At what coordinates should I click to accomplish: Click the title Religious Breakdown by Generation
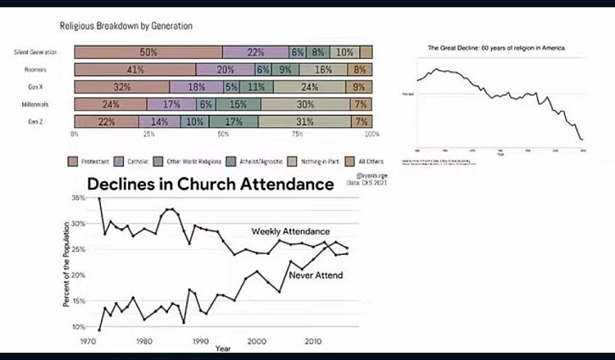[126, 25]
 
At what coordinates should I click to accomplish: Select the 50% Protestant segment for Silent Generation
[148, 52]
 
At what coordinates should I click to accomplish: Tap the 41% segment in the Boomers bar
[136, 70]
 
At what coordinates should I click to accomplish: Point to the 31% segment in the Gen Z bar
[303, 121]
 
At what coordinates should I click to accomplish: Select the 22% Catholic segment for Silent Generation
[255, 52]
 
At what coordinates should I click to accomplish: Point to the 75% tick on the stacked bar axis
[298, 134]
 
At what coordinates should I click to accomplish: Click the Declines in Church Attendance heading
[211, 185]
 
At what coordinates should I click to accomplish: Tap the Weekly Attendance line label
[290, 232]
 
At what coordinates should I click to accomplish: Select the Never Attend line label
[316, 274]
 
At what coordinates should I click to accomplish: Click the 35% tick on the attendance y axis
[78, 198]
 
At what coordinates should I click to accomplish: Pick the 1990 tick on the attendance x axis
[200, 341]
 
